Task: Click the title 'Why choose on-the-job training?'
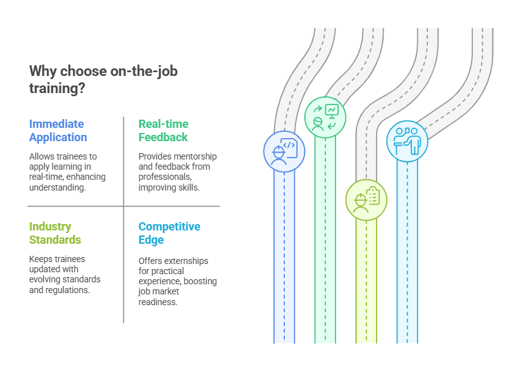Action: click(103, 79)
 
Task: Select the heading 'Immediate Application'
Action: click(58, 130)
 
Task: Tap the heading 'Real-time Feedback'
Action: click(163, 130)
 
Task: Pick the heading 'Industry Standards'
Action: click(55, 233)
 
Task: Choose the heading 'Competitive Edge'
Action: click(169, 233)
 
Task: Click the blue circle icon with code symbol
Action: click(284, 152)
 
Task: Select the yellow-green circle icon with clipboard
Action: click(366, 199)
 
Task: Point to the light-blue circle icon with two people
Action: click(407, 140)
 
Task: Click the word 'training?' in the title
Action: click(57, 88)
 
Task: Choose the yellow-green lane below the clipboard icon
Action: click(366, 285)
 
